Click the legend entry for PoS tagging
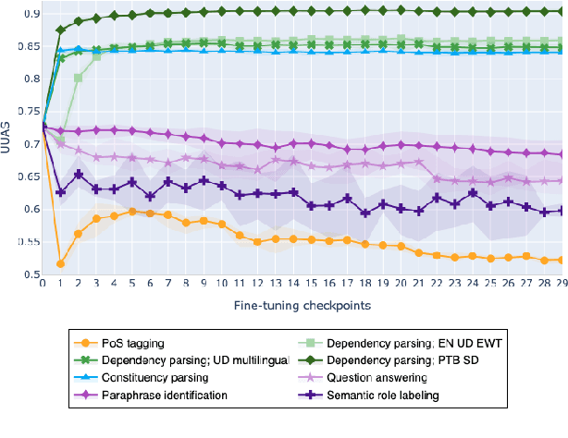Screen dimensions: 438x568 pos(116,345)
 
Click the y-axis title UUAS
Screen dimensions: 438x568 pos(8,142)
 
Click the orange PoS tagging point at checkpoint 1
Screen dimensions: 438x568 pos(60,263)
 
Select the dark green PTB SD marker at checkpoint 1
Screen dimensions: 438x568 pos(60,30)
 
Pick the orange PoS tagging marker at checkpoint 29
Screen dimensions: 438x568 pos(561,260)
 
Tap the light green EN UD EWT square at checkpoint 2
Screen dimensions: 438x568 pos(78,78)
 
